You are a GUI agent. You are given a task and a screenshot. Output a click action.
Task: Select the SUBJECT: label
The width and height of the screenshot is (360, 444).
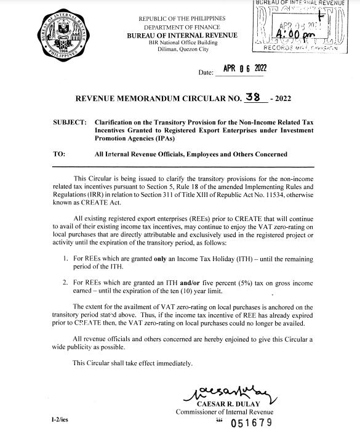[70, 123]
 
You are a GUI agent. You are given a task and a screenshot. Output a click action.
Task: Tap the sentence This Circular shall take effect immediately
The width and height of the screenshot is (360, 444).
[133, 363]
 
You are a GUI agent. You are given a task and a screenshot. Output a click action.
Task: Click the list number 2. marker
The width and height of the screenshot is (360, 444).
[66, 281]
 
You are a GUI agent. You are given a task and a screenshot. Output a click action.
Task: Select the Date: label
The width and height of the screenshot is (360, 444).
[206, 73]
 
